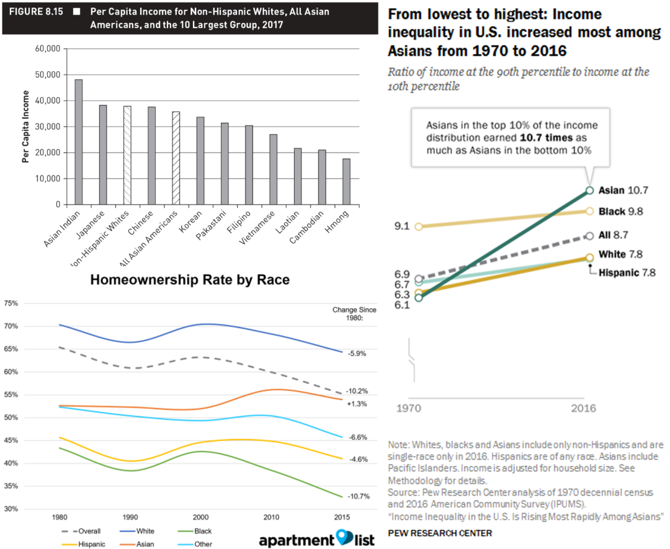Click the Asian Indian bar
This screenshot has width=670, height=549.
tap(79, 142)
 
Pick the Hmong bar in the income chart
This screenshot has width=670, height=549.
tap(346, 182)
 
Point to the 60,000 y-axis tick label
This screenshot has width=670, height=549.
tap(48, 48)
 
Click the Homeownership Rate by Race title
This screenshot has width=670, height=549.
tap(190, 280)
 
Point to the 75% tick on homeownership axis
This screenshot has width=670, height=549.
tap(12, 303)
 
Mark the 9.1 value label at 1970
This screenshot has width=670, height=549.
tap(401, 226)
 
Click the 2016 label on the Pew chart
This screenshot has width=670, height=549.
tap(583, 408)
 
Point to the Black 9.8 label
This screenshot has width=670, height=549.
tap(620, 211)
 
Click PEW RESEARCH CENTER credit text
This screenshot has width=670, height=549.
tap(440, 533)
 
